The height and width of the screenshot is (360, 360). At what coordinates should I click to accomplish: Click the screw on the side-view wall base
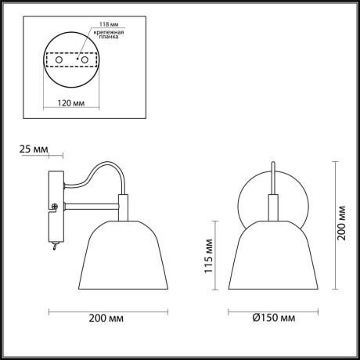tap(54, 207)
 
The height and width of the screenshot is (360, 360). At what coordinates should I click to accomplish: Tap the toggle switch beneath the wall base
tap(54, 247)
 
